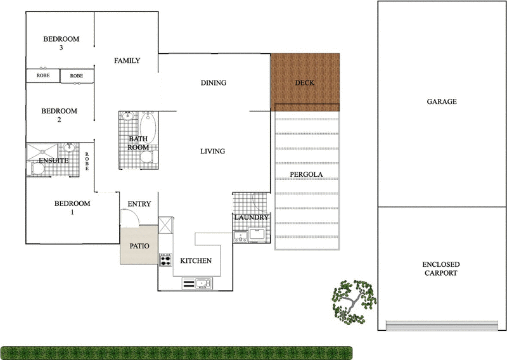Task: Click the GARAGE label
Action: tap(442, 101)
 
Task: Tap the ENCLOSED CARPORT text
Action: tap(442, 269)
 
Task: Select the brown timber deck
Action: tap(305, 81)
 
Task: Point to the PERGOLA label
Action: tap(307, 174)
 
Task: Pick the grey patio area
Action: tap(139, 246)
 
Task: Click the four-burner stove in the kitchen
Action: tap(166, 259)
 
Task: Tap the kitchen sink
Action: tap(202, 283)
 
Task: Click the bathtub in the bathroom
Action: tap(150, 124)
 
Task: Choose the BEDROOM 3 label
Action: tap(61, 43)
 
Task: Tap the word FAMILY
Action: tap(127, 61)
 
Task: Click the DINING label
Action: tap(214, 83)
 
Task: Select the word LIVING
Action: tap(213, 151)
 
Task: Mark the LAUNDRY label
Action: tap(252, 218)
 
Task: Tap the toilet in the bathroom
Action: tap(146, 158)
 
